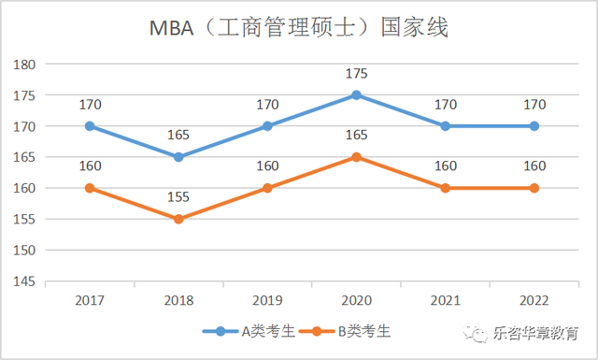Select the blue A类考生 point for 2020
(x=356, y=95)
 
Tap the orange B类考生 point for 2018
(x=178, y=219)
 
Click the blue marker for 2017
(x=89, y=126)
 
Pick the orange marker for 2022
(x=534, y=188)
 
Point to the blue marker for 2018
(x=178, y=157)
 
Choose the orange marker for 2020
(x=356, y=157)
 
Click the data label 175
(x=356, y=73)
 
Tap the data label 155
(x=178, y=196)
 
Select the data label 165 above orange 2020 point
(x=356, y=135)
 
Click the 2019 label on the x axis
(x=267, y=300)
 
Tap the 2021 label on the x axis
(x=445, y=300)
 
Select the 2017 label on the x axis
(x=89, y=300)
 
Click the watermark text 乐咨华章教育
(x=536, y=334)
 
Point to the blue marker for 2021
(x=445, y=126)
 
